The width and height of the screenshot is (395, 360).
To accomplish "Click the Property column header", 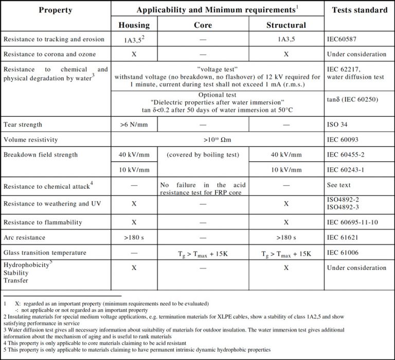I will click(55, 10).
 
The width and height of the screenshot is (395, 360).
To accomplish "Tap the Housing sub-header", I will click(134, 25).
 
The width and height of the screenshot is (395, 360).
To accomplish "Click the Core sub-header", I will click(203, 25).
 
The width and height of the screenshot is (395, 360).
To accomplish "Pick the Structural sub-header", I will click(286, 25).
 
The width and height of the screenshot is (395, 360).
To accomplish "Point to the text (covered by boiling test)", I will click(203, 154).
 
